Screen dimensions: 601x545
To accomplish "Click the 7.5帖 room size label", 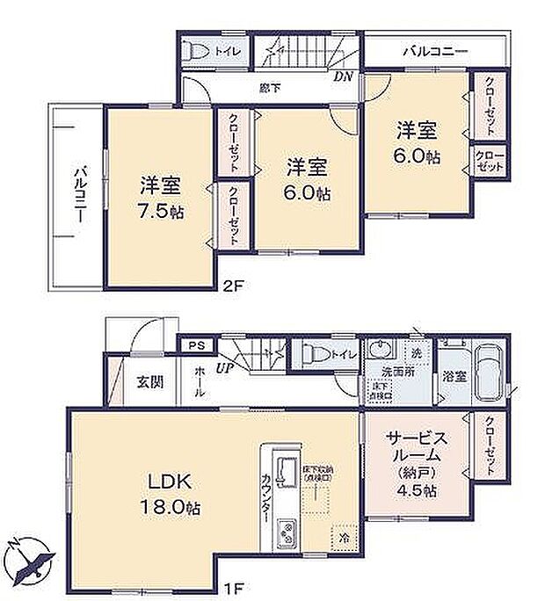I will [x=160, y=211].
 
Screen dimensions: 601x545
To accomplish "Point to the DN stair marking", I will [x=342, y=76].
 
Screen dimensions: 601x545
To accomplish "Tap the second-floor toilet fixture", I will [x=199, y=50].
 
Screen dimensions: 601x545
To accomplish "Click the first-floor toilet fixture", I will [x=313, y=354].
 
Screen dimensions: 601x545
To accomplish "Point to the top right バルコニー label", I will [x=435, y=52].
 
